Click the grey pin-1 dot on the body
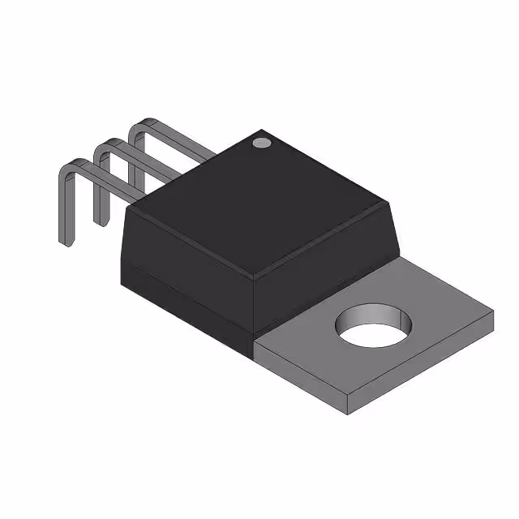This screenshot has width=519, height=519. point(261,144)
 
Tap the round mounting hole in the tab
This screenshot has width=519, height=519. point(374,326)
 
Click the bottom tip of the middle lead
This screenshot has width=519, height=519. point(101,221)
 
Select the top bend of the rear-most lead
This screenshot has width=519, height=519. point(138,127)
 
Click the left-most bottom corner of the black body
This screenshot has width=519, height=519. point(121,284)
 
